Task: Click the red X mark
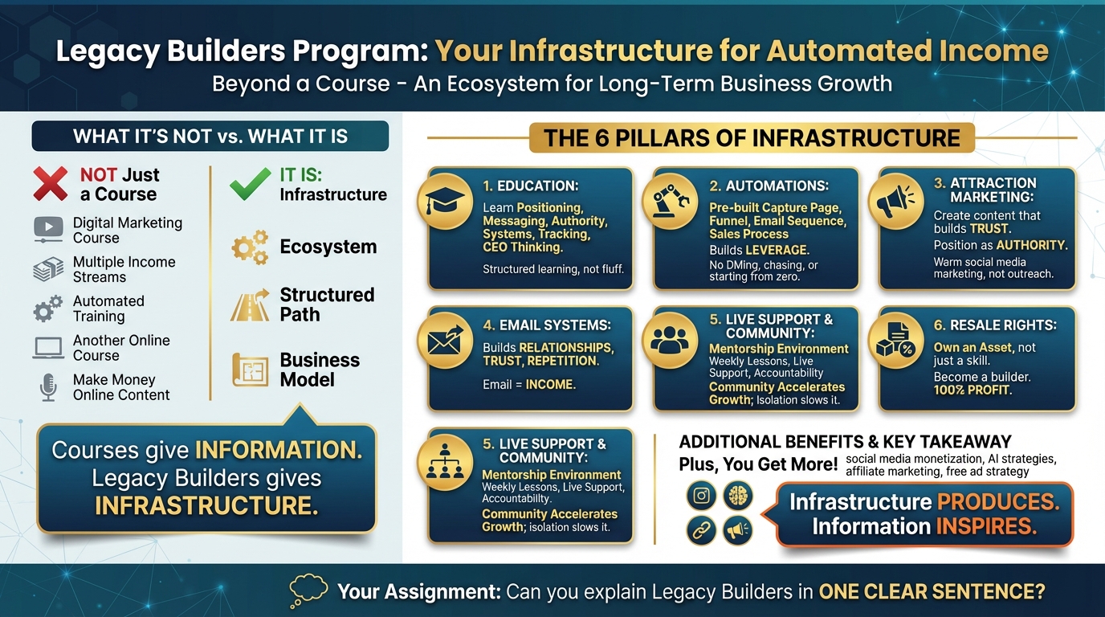pos(50,184)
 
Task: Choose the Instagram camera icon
pos(701,496)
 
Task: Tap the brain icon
pos(737,496)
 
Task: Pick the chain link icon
pos(701,530)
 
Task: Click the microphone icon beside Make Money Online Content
pos(48,387)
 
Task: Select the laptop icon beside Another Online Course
pos(48,348)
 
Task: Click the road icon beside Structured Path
pos(249,305)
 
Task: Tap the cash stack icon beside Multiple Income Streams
pos(48,270)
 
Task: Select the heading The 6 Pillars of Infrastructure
pos(752,137)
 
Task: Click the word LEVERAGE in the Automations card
pos(777,250)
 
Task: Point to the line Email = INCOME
pos(528,385)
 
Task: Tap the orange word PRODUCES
pos(998,502)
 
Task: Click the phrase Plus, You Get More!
pos(758,464)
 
